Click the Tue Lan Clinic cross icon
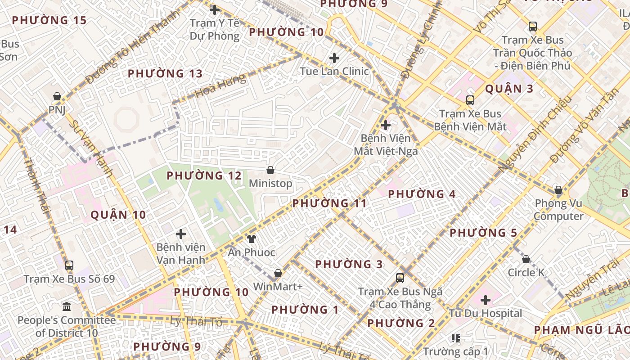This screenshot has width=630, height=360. click(x=334, y=58)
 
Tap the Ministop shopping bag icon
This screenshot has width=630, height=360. click(x=270, y=170)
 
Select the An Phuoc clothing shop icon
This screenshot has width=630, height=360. click(x=251, y=238)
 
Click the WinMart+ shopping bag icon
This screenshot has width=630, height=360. click(x=278, y=273)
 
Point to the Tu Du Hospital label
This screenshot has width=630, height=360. click(x=485, y=313)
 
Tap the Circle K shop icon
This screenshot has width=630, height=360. click(x=526, y=259)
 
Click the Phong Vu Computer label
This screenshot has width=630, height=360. click(x=558, y=210)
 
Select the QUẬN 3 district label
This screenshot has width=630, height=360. click(x=509, y=89)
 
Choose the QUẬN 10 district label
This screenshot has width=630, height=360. click(x=118, y=215)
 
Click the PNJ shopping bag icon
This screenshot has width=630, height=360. click(x=57, y=96)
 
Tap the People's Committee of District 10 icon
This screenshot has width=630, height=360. click(x=67, y=307)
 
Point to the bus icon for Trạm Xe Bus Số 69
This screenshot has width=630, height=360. click(x=69, y=265)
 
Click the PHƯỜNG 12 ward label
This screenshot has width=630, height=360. click(x=204, y=175)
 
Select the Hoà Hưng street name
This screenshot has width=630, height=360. click(x=220, y=86)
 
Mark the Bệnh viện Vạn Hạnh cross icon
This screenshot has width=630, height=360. click(x=181, y=234)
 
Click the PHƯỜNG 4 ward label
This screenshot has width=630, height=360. click(x=422, y=194)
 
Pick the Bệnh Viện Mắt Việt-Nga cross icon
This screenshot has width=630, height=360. click(x=386, y=125)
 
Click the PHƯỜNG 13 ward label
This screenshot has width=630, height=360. click(x=165, y=73)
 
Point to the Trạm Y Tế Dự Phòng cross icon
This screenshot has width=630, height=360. click(x=215, y=10)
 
